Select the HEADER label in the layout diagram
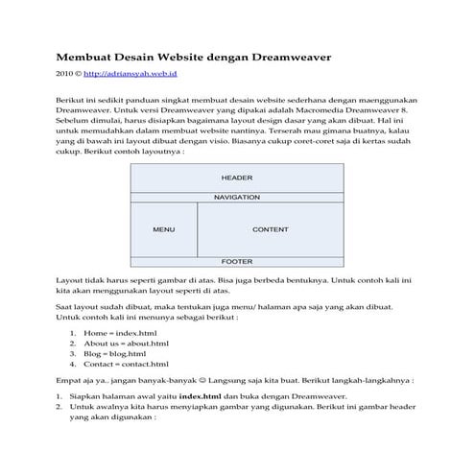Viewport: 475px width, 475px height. (236, 178)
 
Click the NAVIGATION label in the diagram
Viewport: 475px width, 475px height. (236, 197)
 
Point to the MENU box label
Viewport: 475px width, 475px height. (163, 230)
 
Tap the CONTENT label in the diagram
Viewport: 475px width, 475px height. (270, 230)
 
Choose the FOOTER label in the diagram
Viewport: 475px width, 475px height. (236, 261)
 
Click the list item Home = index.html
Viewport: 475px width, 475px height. (119, 332)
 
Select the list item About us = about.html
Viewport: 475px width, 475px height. (126, 343)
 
